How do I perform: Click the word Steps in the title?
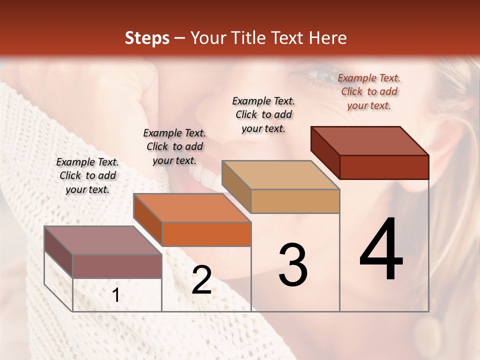point(147,38)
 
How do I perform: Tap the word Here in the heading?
point(328,38)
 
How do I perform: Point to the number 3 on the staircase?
point(292,265)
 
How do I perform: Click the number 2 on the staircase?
point(201,280)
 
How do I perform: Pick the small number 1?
point(115,295)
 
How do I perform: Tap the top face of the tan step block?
point(280,175)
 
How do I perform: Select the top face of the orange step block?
point(192,207)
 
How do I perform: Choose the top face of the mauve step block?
point(103,240)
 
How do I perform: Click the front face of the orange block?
point(206,234)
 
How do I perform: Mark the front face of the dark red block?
point(384,167)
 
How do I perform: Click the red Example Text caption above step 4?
point(369,91)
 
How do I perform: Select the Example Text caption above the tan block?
point(263,114)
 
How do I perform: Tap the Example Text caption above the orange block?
point(174,146)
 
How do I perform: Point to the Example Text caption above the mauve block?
point(87,175)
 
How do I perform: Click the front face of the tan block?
point(295,201)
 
